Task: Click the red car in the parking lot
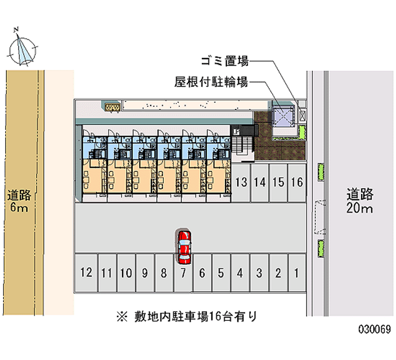click(184, 246)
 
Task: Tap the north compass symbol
click(23, 48)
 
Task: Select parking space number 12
click(86, 272)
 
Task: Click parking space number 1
click(297, 272)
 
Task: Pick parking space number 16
click(297, 182)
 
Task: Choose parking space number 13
click(241, 182)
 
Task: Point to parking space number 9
click(145, 272)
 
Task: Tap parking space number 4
click(240, 272)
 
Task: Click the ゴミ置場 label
click(224, 62)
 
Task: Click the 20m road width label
click(359, 201)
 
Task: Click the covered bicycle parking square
click(283, 116)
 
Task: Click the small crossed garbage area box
click(303, 115)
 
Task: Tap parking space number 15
click(278, 182)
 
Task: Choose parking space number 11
click(106, 272)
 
